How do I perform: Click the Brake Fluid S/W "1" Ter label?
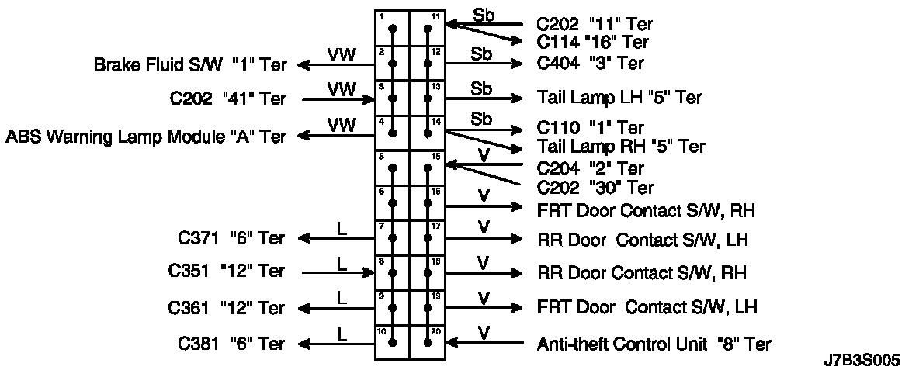click(x=189, y=64)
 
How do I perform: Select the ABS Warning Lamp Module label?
click(x=145, y=137)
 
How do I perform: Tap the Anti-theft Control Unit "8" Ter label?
click(x=654, y=343)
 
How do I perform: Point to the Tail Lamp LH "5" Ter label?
click(x=619, y=98)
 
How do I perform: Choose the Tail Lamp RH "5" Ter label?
click(x=620, y=146)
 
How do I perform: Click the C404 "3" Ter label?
click(x=590, y=63)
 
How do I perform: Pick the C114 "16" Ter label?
click(x=592, y=43)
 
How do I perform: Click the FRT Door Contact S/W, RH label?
click(x=646, y=209)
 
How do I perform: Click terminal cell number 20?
click(x=428, y=342)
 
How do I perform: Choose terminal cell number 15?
click(x=428, y=168)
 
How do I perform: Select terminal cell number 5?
click(x=393, y=168)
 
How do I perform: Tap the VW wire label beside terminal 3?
click(x=342, y=90)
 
